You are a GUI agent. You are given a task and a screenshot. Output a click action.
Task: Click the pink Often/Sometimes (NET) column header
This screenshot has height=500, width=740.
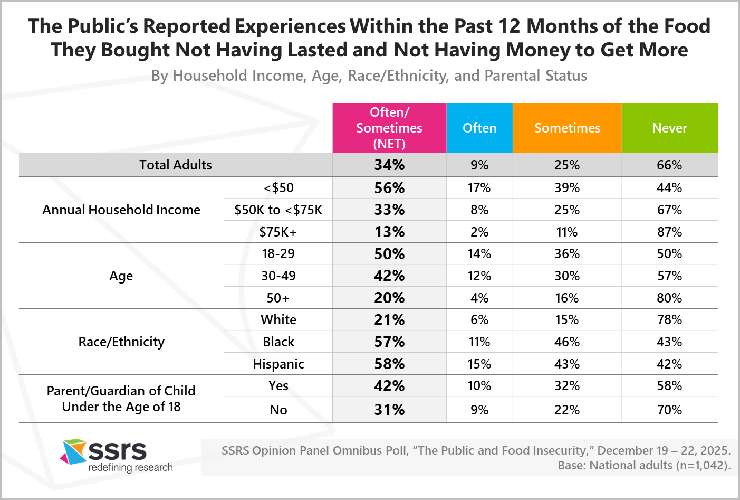point(389,128)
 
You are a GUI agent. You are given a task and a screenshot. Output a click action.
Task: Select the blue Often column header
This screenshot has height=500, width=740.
point(479,128)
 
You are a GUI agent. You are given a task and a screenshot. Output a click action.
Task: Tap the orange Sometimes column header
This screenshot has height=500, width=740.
point(567,128)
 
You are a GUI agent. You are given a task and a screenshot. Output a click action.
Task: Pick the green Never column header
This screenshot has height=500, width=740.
point(669,128)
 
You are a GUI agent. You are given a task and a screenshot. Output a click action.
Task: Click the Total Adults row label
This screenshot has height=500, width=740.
point(176,165)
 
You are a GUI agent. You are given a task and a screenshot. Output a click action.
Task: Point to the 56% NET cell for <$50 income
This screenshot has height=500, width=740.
point(389,188)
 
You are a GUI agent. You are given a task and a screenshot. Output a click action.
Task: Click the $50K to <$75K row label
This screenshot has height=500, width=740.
point(278,210)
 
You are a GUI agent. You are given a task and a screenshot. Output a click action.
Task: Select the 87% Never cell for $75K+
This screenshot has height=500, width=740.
point(669,232)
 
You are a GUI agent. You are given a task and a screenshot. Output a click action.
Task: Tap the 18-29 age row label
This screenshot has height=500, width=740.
point(278,253)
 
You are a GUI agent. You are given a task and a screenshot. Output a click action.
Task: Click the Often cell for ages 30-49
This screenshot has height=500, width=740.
point(479,276)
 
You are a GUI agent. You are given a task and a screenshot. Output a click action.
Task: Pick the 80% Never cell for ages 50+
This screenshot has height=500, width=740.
point(669,298)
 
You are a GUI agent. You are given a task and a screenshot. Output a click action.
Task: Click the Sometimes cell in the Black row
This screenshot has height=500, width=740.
point(567,342)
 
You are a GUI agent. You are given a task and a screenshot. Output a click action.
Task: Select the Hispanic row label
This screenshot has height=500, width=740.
point(278,364)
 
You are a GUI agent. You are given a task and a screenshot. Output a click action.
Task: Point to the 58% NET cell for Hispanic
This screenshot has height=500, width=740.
point(389,364)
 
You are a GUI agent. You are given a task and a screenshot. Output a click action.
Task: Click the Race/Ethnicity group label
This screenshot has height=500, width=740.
point(121,342)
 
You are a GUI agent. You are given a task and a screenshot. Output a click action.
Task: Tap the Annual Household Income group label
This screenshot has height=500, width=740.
point(121,210)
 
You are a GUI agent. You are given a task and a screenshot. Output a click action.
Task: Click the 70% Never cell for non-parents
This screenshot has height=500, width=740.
point(669,410)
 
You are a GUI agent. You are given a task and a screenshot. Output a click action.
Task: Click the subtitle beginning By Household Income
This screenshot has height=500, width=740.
point(369,76)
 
